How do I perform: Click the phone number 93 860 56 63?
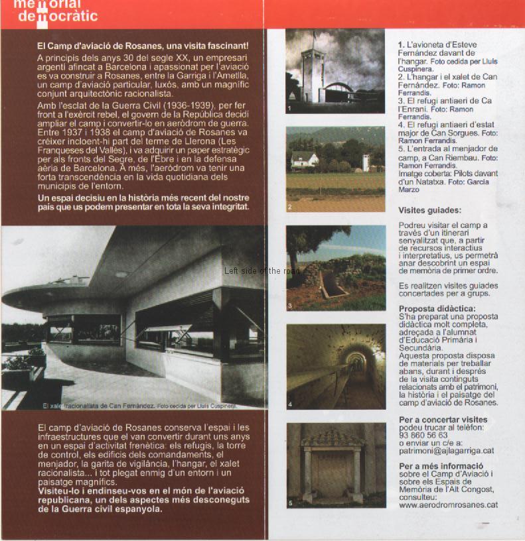point(423,435)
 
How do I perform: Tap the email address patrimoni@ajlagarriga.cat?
point(446,451)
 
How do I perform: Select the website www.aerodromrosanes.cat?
point(448,505)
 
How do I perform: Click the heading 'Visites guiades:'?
point(429,210)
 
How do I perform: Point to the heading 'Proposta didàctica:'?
point(437,309)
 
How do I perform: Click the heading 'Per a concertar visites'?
point(443,420)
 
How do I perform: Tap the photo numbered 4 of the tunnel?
point(336,367)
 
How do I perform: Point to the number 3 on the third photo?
point(290,306)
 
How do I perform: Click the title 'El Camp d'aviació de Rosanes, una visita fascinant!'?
point(143,46)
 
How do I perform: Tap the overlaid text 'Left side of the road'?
point(262,270)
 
